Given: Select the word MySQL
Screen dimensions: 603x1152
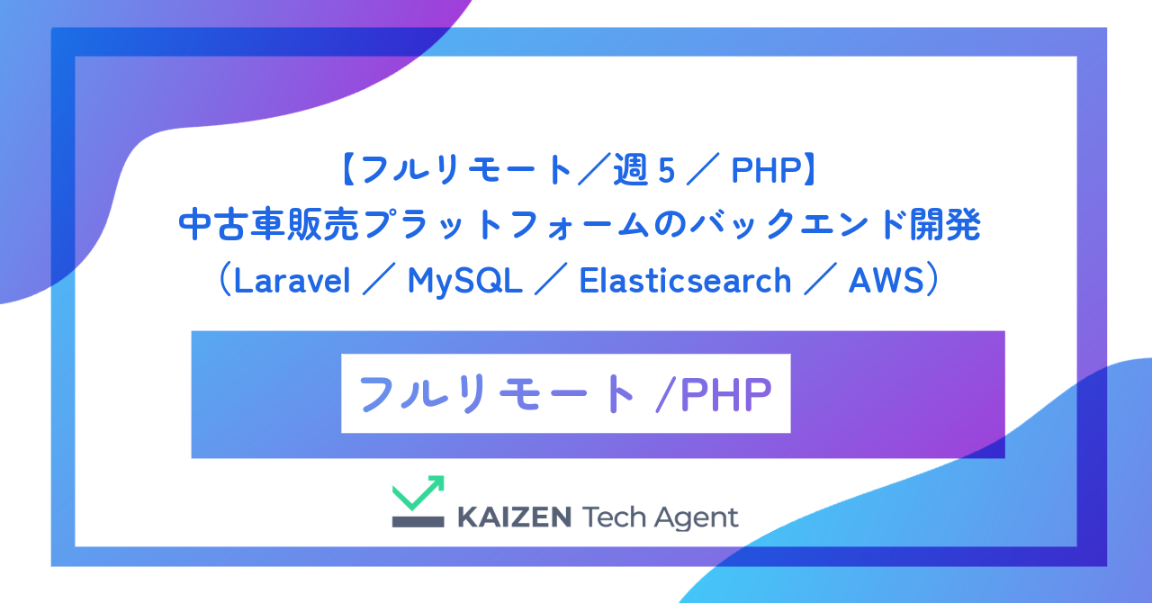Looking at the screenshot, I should (x=464, y=282).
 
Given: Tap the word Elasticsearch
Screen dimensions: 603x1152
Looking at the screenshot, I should (x=685, y=282).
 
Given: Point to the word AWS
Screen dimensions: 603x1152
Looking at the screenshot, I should (x=886, y=282).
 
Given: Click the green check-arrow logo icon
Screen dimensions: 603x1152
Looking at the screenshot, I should (x=418, y=492).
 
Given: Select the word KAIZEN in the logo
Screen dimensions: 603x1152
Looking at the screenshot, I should (x=515, y=517).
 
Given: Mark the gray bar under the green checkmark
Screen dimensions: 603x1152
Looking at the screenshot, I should (x=418, y=521).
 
